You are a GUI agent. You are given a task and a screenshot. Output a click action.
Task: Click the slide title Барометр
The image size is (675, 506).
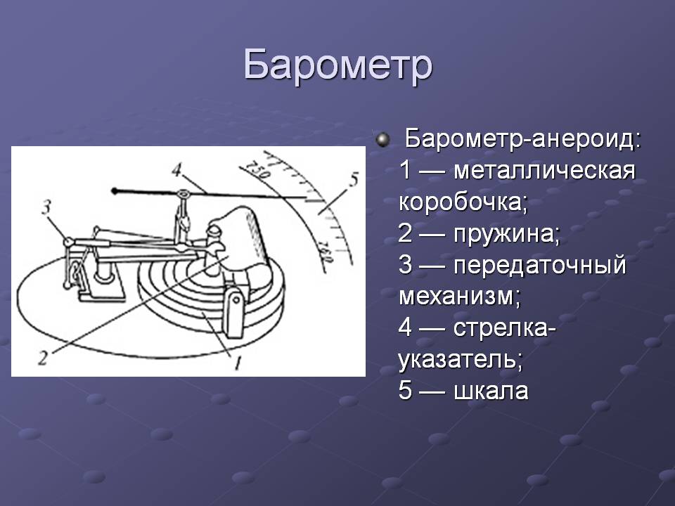click(x=337, y=66)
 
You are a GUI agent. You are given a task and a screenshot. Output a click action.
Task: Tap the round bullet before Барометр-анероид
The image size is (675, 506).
click(x=382, y=140)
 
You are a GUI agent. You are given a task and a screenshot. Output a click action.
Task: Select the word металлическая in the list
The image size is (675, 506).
click(x=544, y=170)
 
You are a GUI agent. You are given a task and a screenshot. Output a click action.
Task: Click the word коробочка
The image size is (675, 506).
click(x=463, y=202)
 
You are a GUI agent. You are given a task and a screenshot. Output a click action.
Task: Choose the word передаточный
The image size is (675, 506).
click(x=540, y=265)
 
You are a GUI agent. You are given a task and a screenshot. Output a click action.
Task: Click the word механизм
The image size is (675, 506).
click(x=459, y=297)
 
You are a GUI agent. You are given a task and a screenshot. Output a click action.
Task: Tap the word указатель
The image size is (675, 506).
click(x=460, y=359)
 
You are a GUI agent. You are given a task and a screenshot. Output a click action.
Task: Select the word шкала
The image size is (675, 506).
click(x=491, y=391)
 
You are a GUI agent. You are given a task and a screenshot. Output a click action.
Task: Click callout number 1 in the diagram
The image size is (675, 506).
click(x=236, y=363)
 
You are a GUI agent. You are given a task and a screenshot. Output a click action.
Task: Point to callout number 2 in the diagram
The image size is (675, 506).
click(x=42, y=358)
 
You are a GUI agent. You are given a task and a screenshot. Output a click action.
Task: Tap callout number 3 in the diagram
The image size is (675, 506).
click(x=46, y=208)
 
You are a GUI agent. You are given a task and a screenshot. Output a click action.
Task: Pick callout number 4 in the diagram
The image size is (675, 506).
click(x=176, y=170)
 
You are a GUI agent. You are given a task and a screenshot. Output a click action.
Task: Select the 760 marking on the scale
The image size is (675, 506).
click(x=326, y=254)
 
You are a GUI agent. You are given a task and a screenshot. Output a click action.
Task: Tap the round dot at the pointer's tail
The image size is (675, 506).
click(x=114, y=190)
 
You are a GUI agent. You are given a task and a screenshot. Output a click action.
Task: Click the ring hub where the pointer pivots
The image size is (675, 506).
click(x=184, y=194)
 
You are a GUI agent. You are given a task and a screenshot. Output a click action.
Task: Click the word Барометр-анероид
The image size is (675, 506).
click(x=523, y=139)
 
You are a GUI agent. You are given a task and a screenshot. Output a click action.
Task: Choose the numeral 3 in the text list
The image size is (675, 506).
click(x=406, y=264)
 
